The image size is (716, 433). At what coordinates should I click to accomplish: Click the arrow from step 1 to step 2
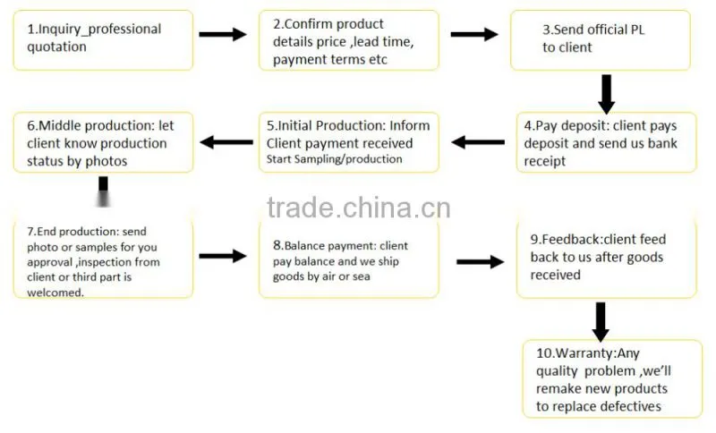click(223, 34)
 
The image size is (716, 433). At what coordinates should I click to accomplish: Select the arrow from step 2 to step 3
click(474, 34)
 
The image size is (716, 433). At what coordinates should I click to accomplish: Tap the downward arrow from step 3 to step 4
click(606, 94)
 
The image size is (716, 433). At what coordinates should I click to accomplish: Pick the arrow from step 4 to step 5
click(478, 142)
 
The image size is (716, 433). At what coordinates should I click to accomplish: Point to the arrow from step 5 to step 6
click(226, 142)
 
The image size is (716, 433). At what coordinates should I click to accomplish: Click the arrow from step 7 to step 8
click(223, 256)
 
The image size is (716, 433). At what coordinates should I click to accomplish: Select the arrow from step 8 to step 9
click(481, 262)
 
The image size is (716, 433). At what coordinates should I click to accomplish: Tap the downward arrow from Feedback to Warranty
click(601, 322)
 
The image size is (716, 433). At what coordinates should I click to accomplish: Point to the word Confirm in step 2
click(311, 24)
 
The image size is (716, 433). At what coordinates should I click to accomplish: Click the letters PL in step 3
click(637, 30)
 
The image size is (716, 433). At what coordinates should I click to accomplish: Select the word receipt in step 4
click(545, 162)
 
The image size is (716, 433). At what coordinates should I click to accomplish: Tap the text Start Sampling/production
click(334, 159)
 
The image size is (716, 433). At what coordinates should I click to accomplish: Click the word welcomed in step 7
click(55, 293)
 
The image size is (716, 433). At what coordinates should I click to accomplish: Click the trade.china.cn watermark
click(359, 208)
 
